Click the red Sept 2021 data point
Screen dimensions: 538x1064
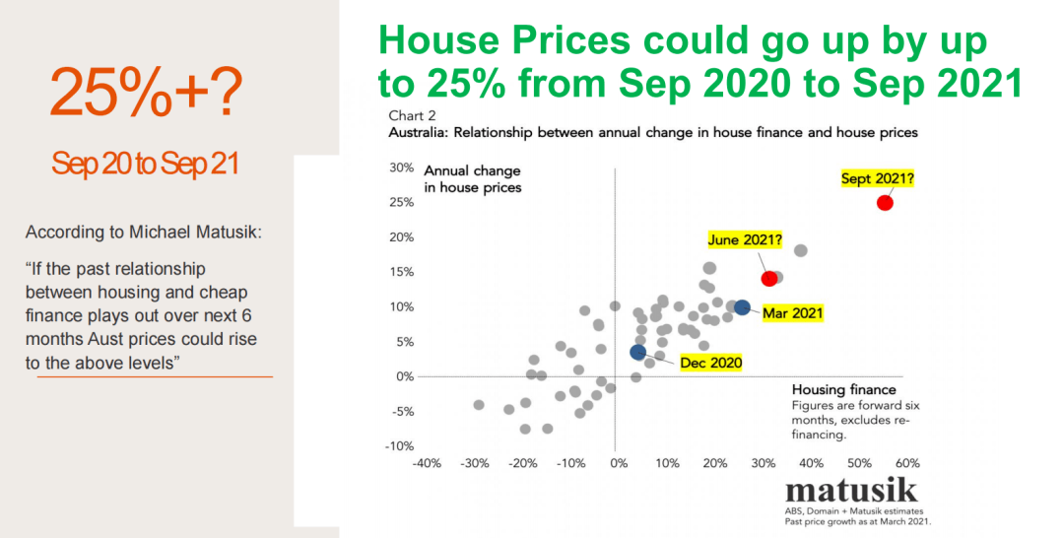885,203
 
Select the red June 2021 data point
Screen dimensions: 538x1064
769,279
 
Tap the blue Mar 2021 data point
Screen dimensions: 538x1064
742,308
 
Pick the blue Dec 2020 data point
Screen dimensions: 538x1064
637,352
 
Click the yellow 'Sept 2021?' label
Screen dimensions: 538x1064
878,179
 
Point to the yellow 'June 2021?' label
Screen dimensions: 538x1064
746,239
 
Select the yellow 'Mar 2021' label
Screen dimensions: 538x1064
793,313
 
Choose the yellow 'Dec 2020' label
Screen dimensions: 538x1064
710,362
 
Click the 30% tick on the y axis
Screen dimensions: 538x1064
400,168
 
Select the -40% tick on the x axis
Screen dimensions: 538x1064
426,462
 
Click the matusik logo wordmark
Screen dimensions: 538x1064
851,492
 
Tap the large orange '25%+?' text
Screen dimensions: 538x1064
146,95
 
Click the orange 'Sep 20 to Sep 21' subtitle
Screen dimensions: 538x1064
146,164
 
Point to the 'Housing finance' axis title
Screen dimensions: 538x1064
844,389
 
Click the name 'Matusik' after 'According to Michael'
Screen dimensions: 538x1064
229,234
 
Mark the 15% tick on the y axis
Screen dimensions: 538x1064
400,272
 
